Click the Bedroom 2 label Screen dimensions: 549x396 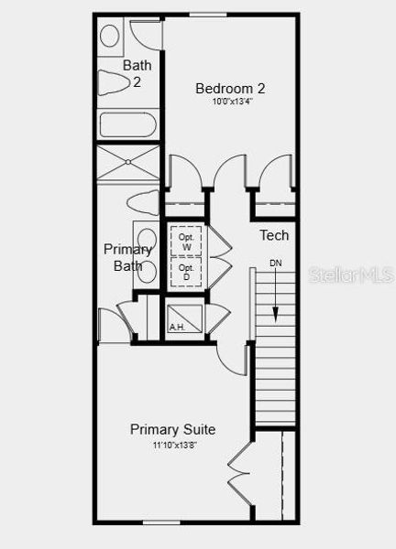[x=230, y=89]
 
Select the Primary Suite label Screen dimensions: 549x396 [x=173, y=429]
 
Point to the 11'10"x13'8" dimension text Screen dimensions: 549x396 [x=174, y=444]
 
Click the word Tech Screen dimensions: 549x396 [x=274, y=235]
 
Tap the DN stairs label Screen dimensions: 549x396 [x=275, y=264]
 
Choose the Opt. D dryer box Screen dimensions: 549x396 [x=187, y=272]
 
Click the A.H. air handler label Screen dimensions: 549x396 [x=176, y=327]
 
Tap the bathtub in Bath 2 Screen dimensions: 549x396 [x=129, y=125]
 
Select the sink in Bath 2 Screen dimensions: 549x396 [x=110, y=37]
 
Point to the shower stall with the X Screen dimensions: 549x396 [x=129, y=166]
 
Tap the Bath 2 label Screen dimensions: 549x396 [x=137, y=73]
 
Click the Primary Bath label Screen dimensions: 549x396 [x=128, y=257]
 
